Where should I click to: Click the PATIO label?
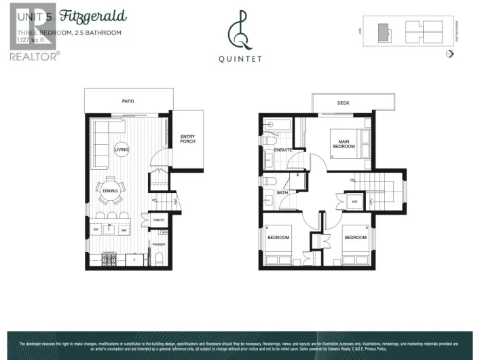(x=128, y=101)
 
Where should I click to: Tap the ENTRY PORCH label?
(x=187, y=139)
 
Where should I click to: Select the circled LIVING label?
(x=122, y=149)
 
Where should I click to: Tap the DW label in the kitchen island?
(x=96, y=230)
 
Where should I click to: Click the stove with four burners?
(x=109, y=258)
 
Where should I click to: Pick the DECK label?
(x=343, y=103)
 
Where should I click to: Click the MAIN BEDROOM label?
(x=344, y=144)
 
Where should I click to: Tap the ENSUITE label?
(x=283, y=149)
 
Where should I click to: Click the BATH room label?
(x=282, y=193)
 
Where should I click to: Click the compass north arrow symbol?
(x=449, y=54)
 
